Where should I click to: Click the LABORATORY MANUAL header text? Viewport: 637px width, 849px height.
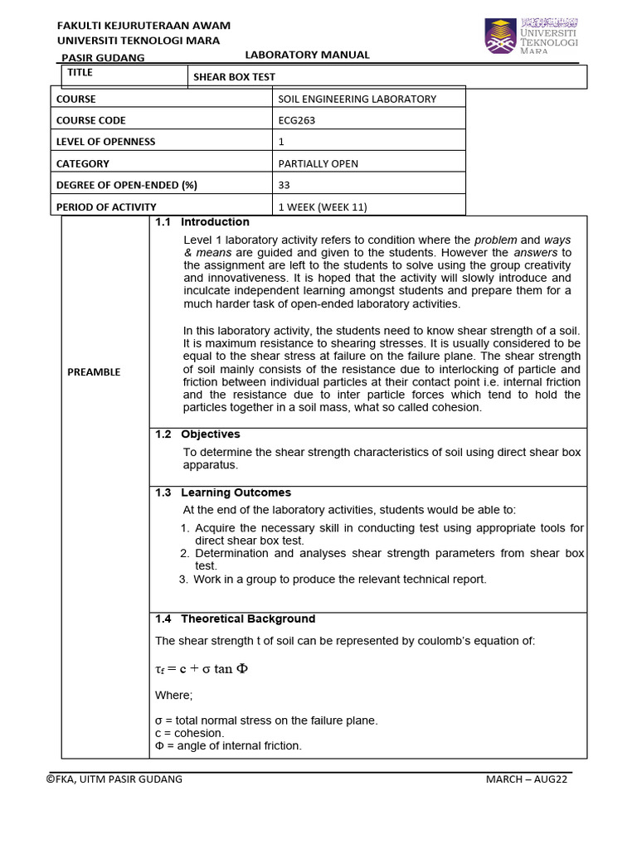coord(307,55)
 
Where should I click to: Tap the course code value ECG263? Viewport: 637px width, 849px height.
coord(297,120)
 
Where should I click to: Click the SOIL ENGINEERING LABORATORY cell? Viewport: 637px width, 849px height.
coord(357,99)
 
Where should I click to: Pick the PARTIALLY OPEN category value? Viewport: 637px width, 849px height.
coord(318,163)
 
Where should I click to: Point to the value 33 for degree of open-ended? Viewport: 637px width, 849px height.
coord(284,185)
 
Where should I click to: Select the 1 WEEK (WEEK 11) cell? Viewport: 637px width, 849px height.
coord(322,206)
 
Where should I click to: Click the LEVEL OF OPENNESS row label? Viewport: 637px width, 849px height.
coord(105,142)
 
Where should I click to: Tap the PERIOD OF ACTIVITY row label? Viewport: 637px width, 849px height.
coord(105,206)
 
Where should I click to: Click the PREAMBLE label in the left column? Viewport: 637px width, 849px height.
coord(94,371)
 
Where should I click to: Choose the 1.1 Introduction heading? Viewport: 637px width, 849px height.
coord(202,222)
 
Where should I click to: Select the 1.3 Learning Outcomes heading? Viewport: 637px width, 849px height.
coord(223,492)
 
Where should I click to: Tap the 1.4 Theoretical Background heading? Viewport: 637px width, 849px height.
coord(236,619)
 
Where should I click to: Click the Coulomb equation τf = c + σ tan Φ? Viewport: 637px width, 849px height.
coord(202,669)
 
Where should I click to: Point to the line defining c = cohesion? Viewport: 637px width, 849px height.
coord(189,733)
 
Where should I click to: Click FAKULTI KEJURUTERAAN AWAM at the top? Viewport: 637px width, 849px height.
coord(143,26)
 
